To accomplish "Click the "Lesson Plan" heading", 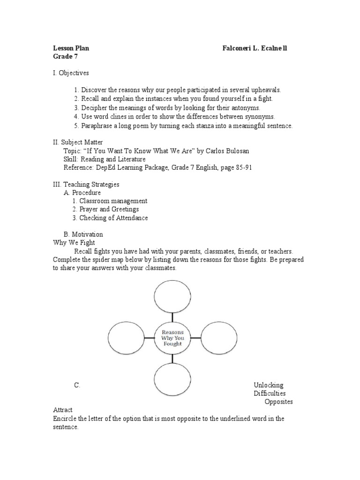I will (71, 48).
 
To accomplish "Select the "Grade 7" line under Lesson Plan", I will (65, 56).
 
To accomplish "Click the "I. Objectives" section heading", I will (71, 73).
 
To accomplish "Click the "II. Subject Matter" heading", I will (78, 142).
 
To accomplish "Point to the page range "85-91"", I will (244, 168).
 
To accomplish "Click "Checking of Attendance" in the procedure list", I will (113, 218).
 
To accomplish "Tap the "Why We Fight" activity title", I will (74, 243).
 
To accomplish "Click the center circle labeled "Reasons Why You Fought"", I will (172, 338).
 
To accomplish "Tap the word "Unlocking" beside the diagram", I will (269, 385).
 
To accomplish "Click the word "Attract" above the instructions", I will (63, 410).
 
